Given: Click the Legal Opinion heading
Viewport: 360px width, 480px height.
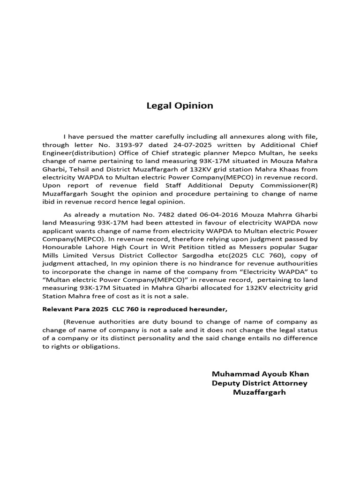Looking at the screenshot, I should (x=180, y=105).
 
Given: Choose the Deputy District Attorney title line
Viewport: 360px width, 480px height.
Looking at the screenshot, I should (x=260, y=383).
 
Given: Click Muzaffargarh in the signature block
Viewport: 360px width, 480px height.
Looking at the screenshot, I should (x=259, y=392).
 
